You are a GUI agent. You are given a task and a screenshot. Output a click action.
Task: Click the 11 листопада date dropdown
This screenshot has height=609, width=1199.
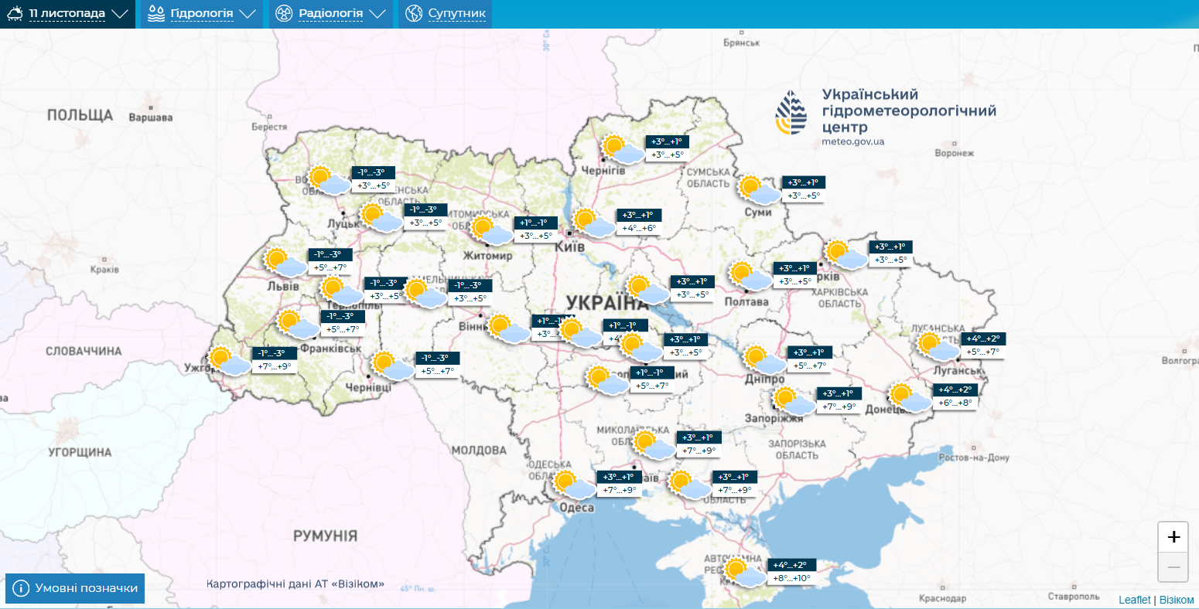click(x=67, y=14)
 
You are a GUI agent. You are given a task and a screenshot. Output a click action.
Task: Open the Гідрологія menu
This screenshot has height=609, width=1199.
click(x=201, y=14)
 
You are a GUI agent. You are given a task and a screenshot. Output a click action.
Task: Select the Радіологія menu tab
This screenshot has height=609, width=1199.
click(x=330, y=14)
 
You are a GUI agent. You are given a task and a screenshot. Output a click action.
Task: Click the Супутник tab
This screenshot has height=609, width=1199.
click(x=446, y=14)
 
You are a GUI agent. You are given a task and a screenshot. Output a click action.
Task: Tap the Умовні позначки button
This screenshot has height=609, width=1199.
click(x=75, y=588)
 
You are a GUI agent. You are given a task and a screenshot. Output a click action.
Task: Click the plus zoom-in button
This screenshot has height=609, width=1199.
click(x=1173, y=537)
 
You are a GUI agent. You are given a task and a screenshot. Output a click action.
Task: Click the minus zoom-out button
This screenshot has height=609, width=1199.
click(x=1173, y=567)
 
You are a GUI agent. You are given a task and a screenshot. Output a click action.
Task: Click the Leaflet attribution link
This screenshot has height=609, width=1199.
click(x=1134, y=600)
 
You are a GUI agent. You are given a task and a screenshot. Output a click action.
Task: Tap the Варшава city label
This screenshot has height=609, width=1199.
click(x=150, y=117)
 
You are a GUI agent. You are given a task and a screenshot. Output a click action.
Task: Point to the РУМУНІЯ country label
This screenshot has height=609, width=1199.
click(x=325, y=536)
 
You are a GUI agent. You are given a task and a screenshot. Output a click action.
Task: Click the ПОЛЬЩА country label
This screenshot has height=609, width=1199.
click(x=80, y=115)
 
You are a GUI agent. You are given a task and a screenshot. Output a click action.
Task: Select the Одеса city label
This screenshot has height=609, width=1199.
click(x=576, y=508)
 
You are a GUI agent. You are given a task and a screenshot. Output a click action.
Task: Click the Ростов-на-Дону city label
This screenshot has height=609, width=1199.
click(x=974, y=458)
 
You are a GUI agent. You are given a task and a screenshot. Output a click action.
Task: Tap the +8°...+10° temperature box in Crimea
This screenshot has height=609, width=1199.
click(x=791, y=578)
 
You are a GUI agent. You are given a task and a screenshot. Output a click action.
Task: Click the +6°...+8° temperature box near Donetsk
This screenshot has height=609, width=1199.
click(x=955, y=403)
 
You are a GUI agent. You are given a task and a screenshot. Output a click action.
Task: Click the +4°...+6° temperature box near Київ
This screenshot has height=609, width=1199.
click(x=638, y=228)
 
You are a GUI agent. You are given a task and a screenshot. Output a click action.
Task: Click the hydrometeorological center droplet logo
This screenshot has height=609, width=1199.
click(x=791, y=113)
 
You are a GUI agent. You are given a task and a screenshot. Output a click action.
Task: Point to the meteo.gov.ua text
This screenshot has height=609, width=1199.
click(x=852, y=142)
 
